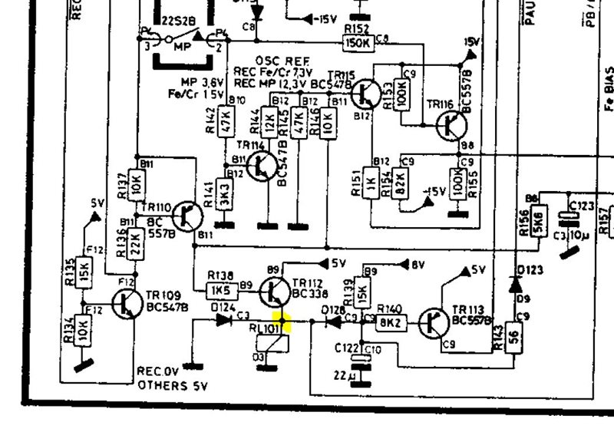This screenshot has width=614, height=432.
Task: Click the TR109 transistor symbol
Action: click(124, 305)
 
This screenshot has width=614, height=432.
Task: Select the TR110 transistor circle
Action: click(187, 216)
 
